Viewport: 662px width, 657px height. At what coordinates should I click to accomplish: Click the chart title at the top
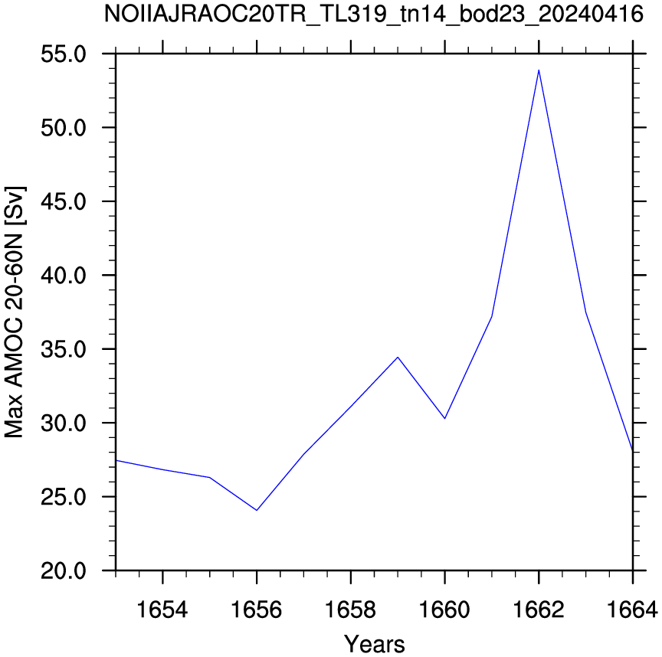pyautogui.click(x=374, y=15)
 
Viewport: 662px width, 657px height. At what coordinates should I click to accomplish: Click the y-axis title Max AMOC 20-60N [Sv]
pyautogui.click(x=15, y=312)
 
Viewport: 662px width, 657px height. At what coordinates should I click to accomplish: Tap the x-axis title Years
pyautogui.click(x=374, y=644)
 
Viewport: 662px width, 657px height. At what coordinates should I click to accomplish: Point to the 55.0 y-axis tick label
pyautogui.click(x=64, y=54)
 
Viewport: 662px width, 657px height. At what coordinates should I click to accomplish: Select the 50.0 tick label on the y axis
pyautogui.click(x=64, y=128)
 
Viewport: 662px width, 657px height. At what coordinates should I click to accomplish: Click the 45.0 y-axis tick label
pyautogui.click(x=64, y=201)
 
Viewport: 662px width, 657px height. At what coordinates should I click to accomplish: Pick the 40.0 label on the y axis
pyautogui.click(x=64, y=276)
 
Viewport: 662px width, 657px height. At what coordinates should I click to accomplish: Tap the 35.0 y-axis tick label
pyautogui.click(x=64, y=349)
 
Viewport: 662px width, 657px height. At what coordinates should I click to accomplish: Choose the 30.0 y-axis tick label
pyautogui.click(x=64, y=423)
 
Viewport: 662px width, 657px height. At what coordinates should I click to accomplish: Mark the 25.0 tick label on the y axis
pyautogui.click(x=64, y=497)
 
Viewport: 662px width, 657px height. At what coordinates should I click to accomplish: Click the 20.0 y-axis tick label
pyautogui.click(x=64, y=571)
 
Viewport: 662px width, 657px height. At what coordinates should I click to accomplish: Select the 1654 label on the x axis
pyautogui.click(x=162, y=610)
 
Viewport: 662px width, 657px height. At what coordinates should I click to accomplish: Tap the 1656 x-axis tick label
pyautogui.click(x=257, y=610)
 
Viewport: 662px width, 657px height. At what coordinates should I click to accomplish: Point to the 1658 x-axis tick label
pyautogui.click(x=350, y=610)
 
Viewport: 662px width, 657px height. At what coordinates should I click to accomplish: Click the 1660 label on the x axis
pyautogui.click(x=444, y=610)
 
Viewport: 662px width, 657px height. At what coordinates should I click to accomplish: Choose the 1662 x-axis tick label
pyautogui.click(x=539, y=610)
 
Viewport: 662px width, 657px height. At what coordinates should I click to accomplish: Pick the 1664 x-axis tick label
pyautogui.click(x=632, y=610)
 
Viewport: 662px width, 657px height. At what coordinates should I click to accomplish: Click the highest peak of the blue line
pyautogui.click(x=539, y=70)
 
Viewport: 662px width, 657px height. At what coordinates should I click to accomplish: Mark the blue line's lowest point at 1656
pyautogui.click(x=257, y=510)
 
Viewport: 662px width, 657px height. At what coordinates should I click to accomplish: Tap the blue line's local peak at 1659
pyautogui.click(x=398, y=358)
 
